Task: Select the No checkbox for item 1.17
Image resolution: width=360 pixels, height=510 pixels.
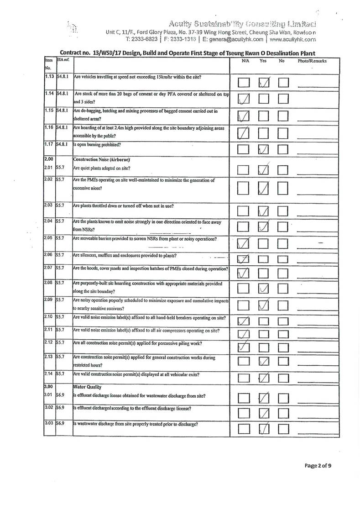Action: click(283, 149)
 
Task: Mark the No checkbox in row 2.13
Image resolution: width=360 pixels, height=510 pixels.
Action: click(283, 362)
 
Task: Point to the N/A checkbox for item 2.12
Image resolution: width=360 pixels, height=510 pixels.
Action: click(244, 347)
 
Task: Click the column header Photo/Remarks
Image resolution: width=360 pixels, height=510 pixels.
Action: click(313, 61)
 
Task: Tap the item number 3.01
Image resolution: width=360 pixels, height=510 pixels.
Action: click(49, 395)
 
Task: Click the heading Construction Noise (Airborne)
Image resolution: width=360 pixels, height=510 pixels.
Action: click(102, 160)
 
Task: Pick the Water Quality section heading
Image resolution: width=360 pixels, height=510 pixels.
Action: click(88, 387)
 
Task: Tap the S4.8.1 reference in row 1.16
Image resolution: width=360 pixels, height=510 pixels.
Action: click(63, 128)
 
